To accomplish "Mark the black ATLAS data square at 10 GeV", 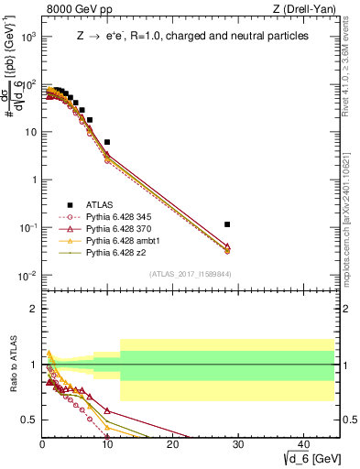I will pyautogui.click(x=107, y=142).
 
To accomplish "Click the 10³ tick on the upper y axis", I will pyautogui.click(x=30, y=37).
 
